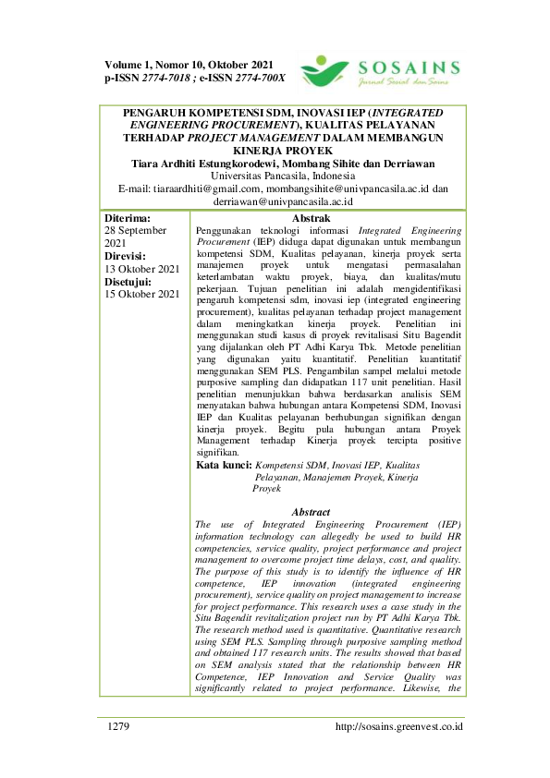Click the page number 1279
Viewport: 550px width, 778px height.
[118, 726]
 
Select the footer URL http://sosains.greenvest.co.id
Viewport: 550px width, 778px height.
[399, 726]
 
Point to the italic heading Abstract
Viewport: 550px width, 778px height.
[311, 512]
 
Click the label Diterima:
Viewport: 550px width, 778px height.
[128, 218]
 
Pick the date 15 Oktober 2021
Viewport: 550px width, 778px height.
[142, 295]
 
